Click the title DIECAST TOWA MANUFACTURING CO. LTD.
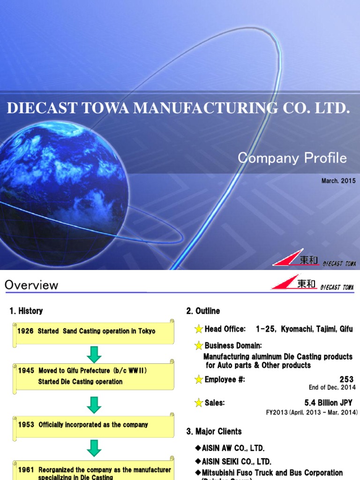tap(178, 108)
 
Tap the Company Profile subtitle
tap(292, 158)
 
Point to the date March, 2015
tap(338, 180)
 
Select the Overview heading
tap(31, 285)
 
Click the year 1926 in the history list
tap(25, 331)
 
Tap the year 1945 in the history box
tap(26, 370)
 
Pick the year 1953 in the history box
tap(26, 425)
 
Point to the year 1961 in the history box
tap(26, 470)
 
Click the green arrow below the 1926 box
tap(94, 354)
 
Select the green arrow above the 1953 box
tap(94, 405)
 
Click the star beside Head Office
tap(199, 329)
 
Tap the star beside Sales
tap(199, 403)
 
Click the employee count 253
tap(346, 379)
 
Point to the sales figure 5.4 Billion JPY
tap(328, 403)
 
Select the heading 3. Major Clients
tap(214, 431)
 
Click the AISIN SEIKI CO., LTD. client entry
tap(236, 462)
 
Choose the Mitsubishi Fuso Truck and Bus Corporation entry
tap(272, 472)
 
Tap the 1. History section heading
tap(26, 311)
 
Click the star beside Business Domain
tap(199, 346)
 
